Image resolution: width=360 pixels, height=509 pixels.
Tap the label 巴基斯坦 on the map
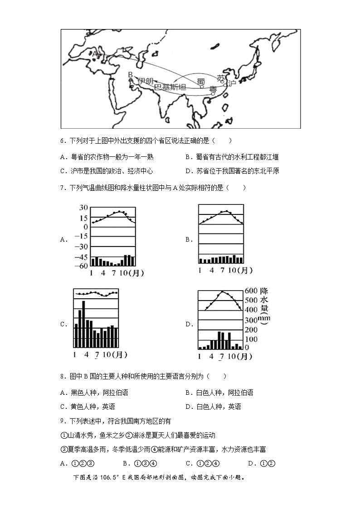click(x=170, y=87)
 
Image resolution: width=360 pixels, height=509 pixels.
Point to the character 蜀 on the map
click(x=201, y=81)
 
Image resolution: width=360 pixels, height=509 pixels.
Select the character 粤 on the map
click(x=213, y=89)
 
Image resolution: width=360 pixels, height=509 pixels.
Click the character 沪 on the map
click(x=232, y=83)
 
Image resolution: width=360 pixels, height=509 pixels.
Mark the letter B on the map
click(x=130, y=74)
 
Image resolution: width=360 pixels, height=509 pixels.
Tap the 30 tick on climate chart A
click(x=83, y=208)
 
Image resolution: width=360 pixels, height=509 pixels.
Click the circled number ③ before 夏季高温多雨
click(x=63, y=449)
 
